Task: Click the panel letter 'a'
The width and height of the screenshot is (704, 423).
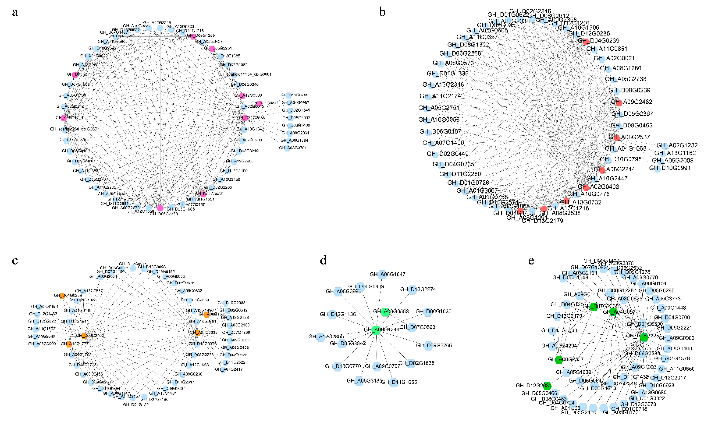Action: (15, 13)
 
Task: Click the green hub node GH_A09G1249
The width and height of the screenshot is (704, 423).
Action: (376, 330)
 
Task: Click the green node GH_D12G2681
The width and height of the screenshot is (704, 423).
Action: (547, 386)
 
